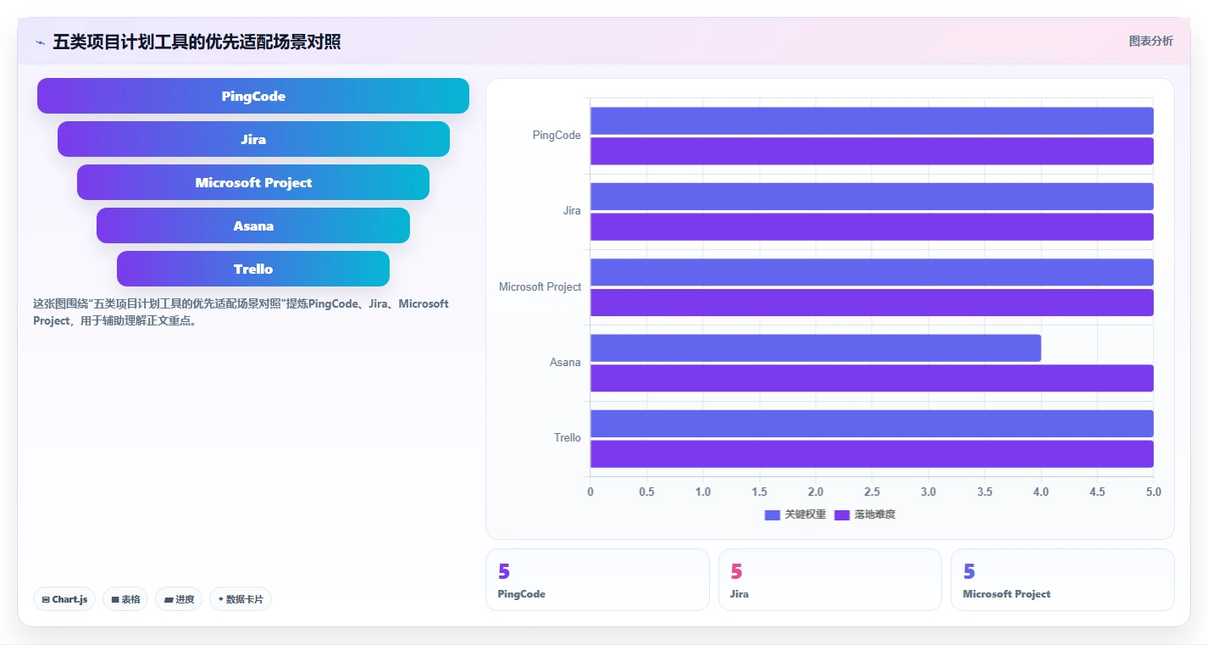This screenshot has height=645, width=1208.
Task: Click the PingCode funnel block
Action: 253,96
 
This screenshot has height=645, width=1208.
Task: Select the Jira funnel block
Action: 253,139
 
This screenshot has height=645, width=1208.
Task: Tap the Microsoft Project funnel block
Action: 253,182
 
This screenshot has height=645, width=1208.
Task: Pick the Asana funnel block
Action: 253,225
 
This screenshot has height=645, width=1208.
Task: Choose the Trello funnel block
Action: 253,268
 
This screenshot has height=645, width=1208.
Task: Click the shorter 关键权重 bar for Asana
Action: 816,348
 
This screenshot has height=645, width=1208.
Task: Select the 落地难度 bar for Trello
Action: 872,454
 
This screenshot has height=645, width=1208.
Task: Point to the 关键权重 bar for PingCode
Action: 872,120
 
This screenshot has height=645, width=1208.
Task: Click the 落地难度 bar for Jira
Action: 872,226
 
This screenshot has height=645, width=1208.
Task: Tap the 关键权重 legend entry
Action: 795,514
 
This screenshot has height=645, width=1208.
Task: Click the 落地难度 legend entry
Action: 864,514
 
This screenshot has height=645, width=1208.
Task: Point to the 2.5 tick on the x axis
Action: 872,492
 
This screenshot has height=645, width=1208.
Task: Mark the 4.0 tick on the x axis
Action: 1041,492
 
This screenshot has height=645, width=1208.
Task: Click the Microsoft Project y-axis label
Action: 540,286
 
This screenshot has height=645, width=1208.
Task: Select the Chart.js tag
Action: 64,599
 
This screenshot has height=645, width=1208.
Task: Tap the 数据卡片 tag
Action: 241,599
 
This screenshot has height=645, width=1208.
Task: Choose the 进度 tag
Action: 179,599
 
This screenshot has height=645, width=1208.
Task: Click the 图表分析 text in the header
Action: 1151,41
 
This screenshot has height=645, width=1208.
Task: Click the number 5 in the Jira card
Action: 736,571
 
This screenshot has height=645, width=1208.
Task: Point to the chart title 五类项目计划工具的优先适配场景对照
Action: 197,42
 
